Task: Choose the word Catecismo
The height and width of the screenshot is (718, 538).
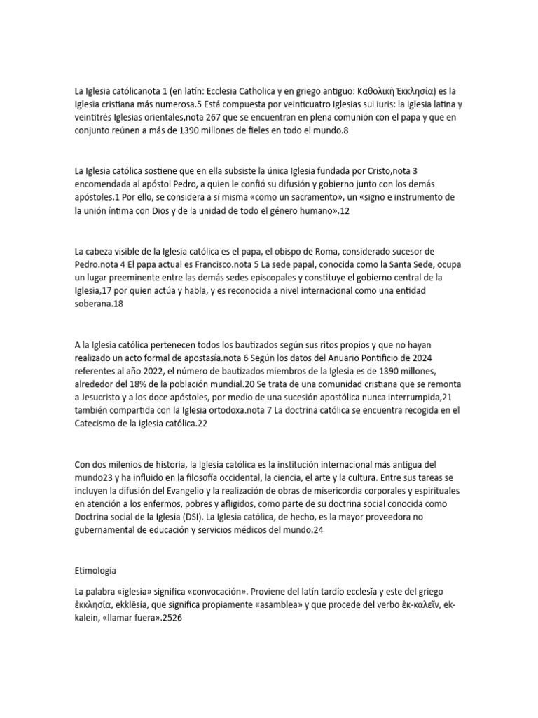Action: tap(97, 424)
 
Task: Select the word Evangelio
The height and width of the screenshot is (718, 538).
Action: tap(192, 490)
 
